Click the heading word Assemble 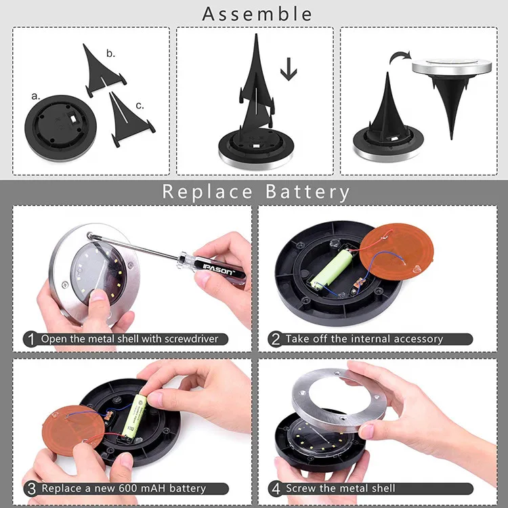click(x=257, y=14)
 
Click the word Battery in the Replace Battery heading click(x=308, y=192)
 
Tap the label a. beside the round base click(x=36, y=96)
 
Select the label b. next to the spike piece click(x=111, y=53)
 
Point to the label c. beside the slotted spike click(x=140, y=106)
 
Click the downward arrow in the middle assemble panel click(x=289, y=69)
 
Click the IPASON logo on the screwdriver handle click(x=217, y=270)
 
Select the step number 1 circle click(x=30, y=339)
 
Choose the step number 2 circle click(x=276, y=339)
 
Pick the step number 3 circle click(x=31, y=488)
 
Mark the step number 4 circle click(x=276, y=488)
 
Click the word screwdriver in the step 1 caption click(x=192, y=339)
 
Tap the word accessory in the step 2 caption click(x=419, y=339)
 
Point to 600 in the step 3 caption click(x=129, y=488)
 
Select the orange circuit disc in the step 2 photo click(x=396, y=251)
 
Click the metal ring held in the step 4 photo click(x=339, y=400)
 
